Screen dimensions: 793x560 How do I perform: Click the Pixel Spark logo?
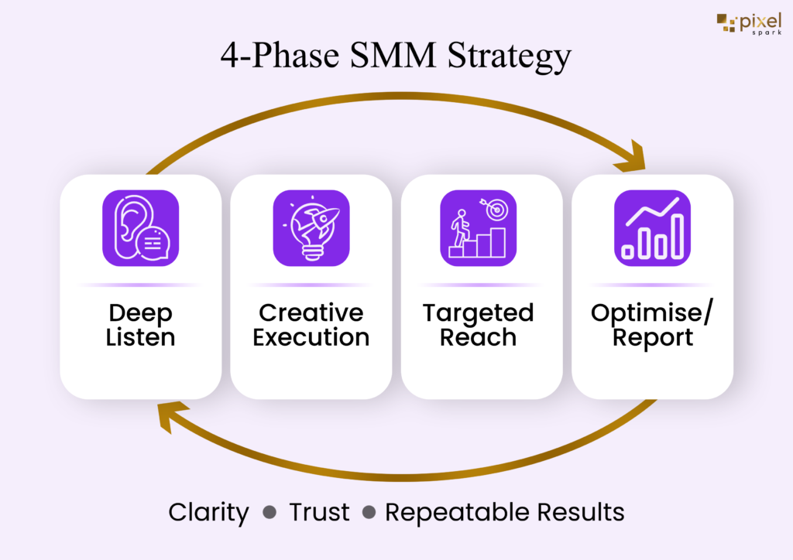749,24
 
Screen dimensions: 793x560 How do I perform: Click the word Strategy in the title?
510,56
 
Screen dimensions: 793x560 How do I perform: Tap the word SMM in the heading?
393,55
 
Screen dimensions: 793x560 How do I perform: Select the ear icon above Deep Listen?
141,228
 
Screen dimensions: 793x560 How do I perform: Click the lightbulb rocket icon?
311,228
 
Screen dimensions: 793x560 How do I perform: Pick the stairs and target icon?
479,228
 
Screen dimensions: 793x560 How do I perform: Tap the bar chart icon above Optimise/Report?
652,228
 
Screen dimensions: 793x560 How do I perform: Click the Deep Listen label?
141,325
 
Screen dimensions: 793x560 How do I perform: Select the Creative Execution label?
311,325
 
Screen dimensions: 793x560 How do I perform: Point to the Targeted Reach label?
479,325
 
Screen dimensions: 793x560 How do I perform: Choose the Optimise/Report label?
652,325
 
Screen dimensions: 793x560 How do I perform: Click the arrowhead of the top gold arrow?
633,158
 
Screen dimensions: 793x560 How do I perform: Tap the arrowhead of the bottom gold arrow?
170,417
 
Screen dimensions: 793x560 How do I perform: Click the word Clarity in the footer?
208,513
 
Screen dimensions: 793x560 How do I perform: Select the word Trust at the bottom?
319,512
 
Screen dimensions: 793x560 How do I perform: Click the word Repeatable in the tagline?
457,513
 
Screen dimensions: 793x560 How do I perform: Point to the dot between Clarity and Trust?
269,513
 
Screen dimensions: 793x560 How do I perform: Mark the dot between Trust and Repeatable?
369,513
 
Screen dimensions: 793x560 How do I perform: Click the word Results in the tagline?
581,512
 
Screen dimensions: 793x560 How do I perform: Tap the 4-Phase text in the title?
280,55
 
